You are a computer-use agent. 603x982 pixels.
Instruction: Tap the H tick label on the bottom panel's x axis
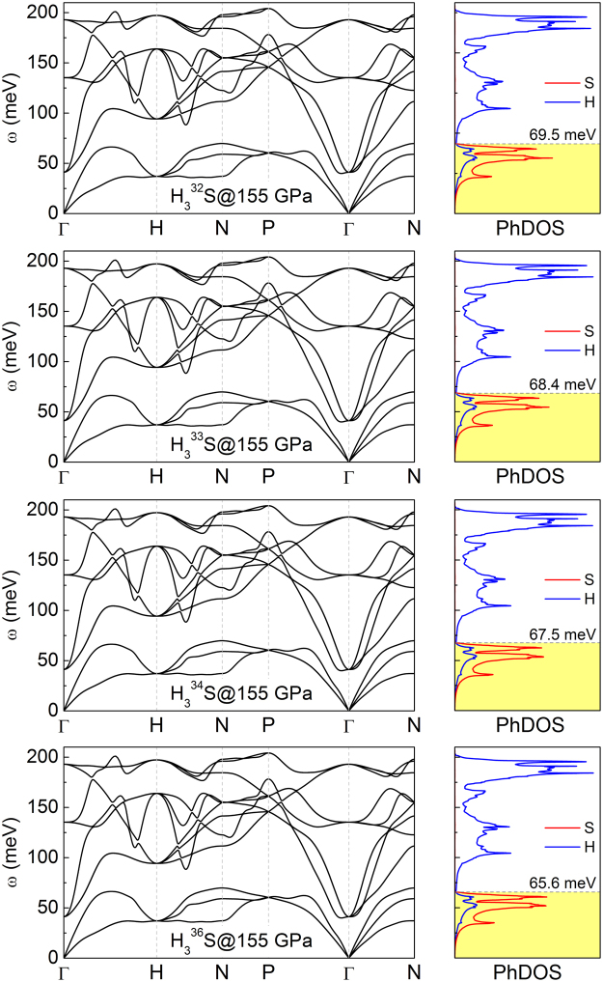[x=156, y=971]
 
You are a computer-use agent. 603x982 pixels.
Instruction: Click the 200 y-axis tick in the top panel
[x=42, y=13]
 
